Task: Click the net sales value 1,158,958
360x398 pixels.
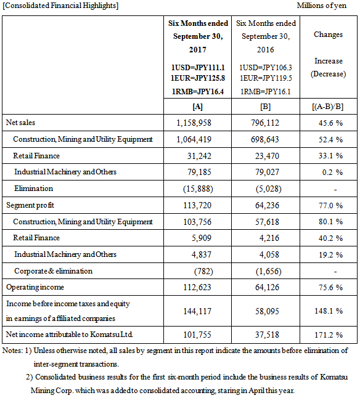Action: [194, 123]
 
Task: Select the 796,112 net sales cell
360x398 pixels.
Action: [265, 123]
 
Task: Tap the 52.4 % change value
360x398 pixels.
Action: [330, 140]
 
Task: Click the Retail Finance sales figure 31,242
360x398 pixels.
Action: [199, 156]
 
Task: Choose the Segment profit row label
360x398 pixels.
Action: [30, 205]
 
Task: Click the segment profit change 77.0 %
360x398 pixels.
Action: [330, 205]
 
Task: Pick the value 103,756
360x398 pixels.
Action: [197, 222]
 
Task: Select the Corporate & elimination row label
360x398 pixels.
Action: [53, 271]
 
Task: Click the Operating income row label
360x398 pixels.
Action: [35, 287]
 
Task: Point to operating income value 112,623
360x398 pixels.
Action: [197, 287]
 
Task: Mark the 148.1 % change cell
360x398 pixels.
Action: [329, 311]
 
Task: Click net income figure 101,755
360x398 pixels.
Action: [197, 335]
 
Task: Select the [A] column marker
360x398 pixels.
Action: [197, 107]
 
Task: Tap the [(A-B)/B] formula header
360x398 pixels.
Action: [328, 107]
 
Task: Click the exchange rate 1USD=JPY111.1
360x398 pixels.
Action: [198, 68]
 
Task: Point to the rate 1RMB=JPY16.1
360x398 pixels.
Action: [266, 92]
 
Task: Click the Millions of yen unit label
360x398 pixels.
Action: [322, 6]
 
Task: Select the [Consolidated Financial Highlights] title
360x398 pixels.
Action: [60, 6]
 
